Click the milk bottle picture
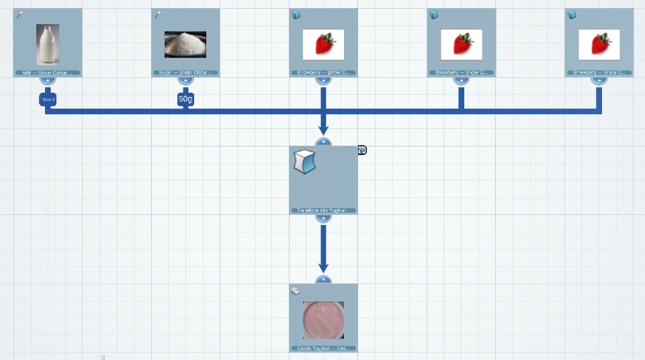(x=47, y=44)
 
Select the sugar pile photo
(x=185, y=44)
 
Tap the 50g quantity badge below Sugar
(x=185, y=99)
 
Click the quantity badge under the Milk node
(x=47, y=99)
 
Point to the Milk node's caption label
(x=47, y=73)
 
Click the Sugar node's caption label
(x=185, y=73)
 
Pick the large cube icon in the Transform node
(x=304, y=162)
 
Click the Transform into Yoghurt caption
(x=323, y=210)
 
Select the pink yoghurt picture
(x=323, y=320)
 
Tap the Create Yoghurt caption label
(x=323, y=349)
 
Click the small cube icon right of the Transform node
(x=362, y=150)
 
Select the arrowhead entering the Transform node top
(x=323, y=130)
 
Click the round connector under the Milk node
(x=47, y=80)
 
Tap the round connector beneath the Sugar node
(x=185, y=80)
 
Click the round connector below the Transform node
(x=323, y=217)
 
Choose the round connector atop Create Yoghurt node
(x=323, y=280)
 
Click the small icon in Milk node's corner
(x=19, y=15)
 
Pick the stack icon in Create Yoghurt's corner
(x=296, y=290)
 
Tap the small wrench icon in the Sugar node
(x=158, y=15)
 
